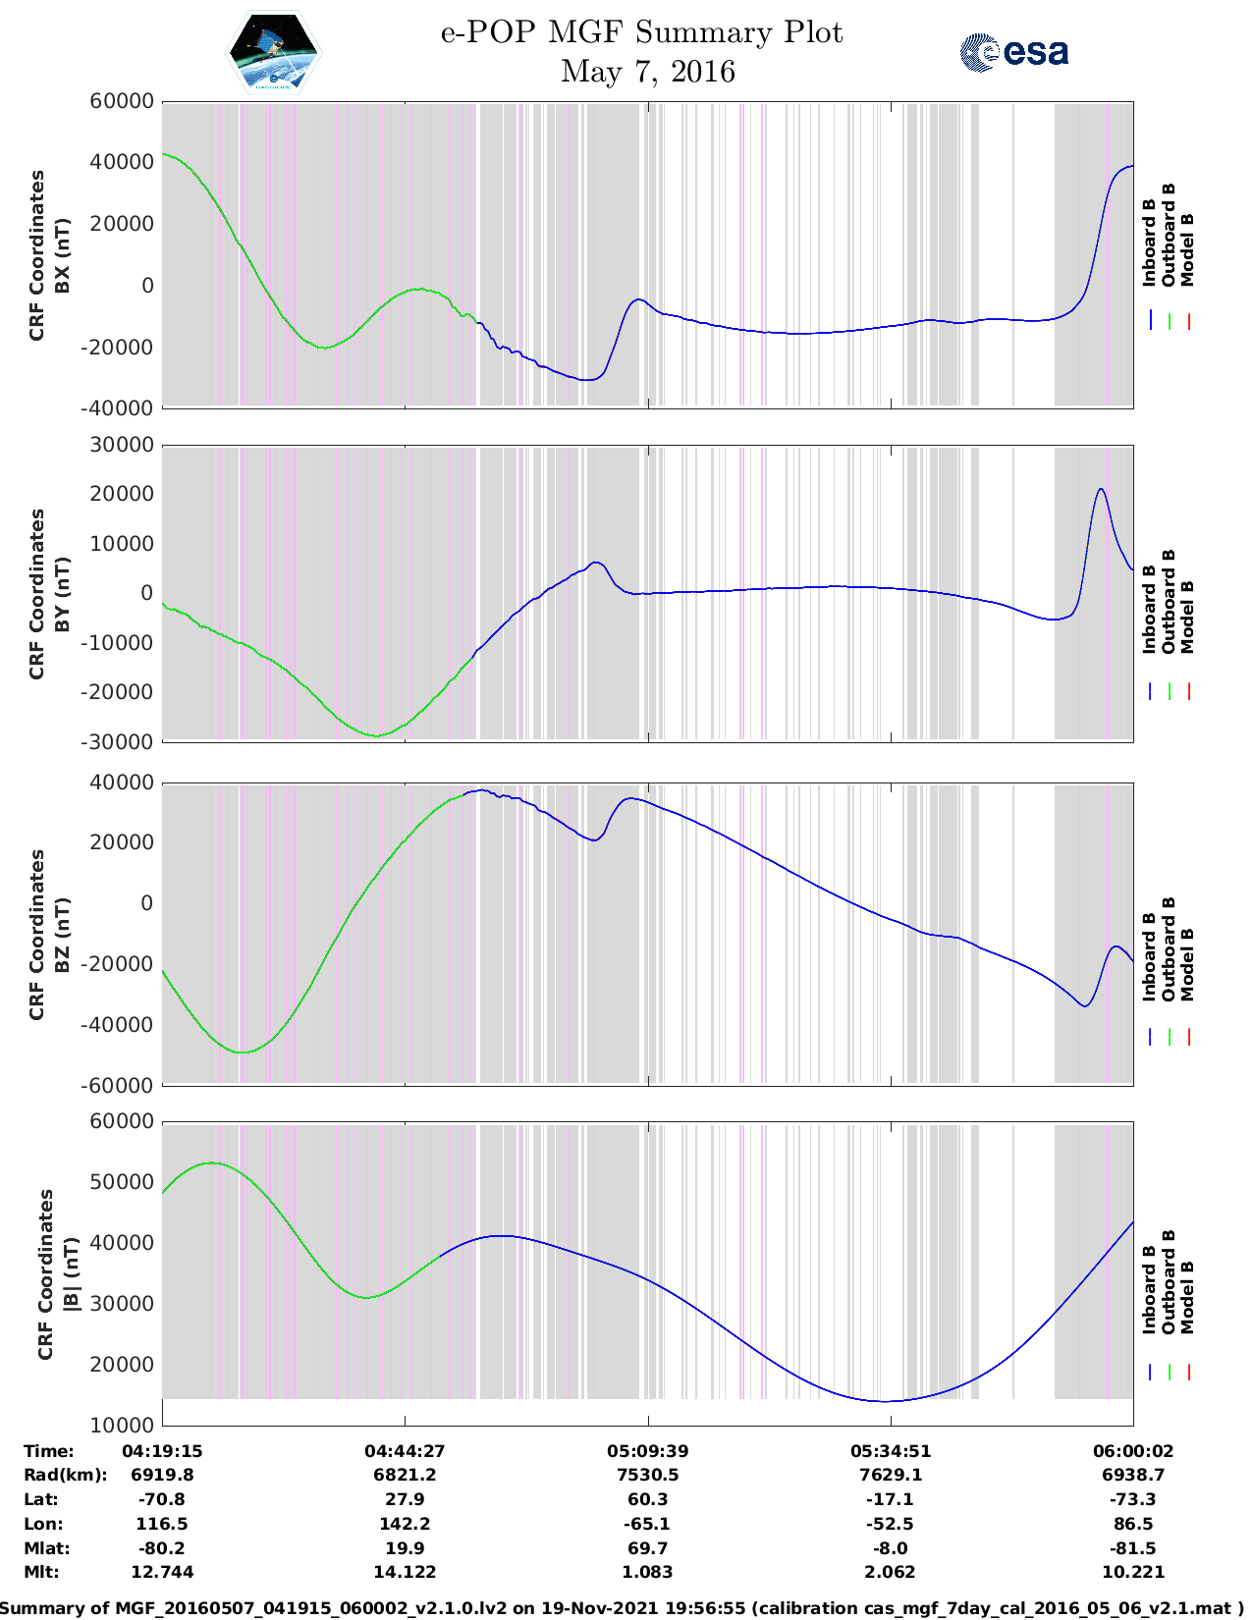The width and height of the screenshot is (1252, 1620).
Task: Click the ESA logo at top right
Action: (x=1014, y=52)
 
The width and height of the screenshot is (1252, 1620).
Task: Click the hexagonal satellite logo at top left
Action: (x=274, y=51)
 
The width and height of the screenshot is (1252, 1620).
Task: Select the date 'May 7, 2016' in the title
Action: (x=647, y=72)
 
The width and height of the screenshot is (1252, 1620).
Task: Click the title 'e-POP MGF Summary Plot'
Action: (x=641, y=32)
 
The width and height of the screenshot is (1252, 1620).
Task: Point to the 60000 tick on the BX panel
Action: (x=122, y=101)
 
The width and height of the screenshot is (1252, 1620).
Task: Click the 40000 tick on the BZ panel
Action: (x=122, y=783)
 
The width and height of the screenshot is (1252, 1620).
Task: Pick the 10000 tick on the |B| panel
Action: (x=122, y=1425)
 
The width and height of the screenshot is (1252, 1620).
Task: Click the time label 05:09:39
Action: (x=647, y=1451)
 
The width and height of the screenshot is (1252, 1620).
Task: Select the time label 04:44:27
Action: (x=405, y=1451)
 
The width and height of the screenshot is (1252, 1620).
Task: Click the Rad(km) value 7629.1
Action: (x=891, y=1475)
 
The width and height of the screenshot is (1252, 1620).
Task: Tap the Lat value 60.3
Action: (x=647, y=1499)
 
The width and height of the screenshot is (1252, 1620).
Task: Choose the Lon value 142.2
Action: (x=405, y=1524)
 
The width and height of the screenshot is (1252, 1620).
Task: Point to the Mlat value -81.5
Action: (x=1133, y=1548)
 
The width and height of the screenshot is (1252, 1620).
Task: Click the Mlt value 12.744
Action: (x=162, y=1572)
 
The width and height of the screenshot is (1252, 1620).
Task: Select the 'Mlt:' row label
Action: (x=41, y=1572)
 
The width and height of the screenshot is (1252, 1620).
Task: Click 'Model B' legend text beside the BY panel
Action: (x=1187, y=617)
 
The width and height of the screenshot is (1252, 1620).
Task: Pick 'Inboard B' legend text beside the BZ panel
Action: (x=1150, y=957)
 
